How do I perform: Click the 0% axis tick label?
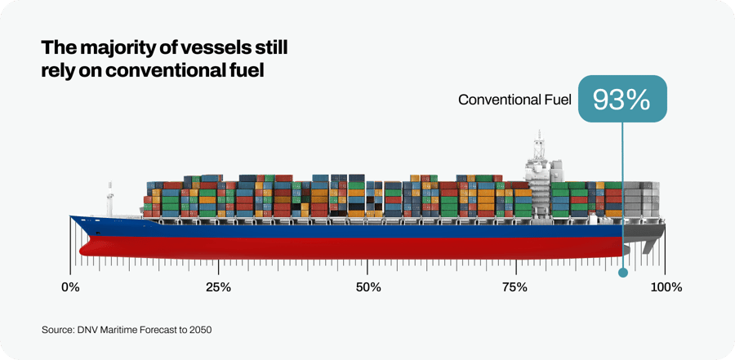click(70, 287)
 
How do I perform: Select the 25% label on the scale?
click(218, 287)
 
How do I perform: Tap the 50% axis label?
click(368, 287)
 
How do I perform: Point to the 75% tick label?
click(514, 287)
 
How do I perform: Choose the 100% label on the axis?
click(666, 287)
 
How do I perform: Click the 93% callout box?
click(621, 100)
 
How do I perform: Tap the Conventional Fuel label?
click(514, 100)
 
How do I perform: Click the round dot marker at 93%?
click(622, 273)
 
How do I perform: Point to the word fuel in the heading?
click(247, 70)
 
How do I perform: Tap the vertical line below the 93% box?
click(622, 196)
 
